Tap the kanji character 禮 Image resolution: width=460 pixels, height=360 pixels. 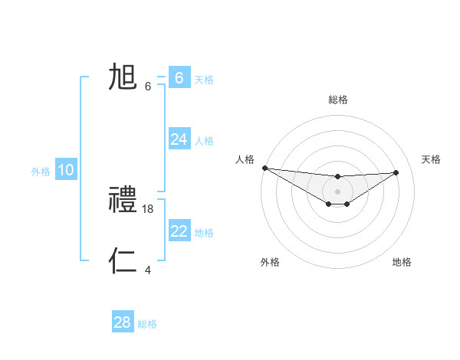click(123, 201)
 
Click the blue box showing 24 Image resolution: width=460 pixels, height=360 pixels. click(179, 139)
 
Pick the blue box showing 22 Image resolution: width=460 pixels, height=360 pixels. click(179, 231)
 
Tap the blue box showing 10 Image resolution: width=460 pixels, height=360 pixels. click(66, 170)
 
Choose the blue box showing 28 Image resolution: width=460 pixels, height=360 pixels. click(123, 322)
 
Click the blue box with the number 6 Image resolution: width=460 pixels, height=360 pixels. click(179, 78)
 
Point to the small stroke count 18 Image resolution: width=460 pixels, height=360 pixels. click(148, 208)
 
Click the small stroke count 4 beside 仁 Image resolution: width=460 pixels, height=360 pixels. click(148, 270)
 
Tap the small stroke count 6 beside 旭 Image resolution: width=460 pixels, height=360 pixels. click(148, 86)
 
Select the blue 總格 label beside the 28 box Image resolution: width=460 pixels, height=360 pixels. click(147, 324)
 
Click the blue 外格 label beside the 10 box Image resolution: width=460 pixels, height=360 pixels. click(41, 172)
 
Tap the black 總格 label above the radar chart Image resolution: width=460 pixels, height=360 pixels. click(337, 100)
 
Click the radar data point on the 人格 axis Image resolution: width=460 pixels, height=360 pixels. click(264, 168)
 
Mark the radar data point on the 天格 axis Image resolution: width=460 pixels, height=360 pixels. click(396, 172)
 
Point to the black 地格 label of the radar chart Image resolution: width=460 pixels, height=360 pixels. click(402, 262)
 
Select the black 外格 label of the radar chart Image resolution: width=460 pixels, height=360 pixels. click(270, 262)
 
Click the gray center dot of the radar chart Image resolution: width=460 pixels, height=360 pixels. click(337, 191)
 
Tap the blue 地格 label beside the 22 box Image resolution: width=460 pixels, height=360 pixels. click(204, 233)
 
